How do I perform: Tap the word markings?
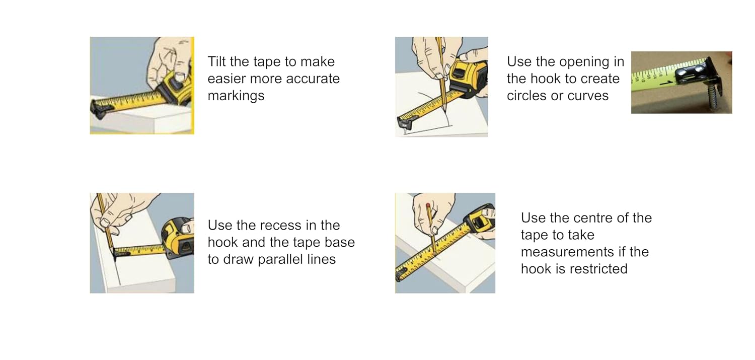pos(236,96)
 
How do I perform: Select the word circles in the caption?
pos(527,95)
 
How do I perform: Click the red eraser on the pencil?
pos(428,205)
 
